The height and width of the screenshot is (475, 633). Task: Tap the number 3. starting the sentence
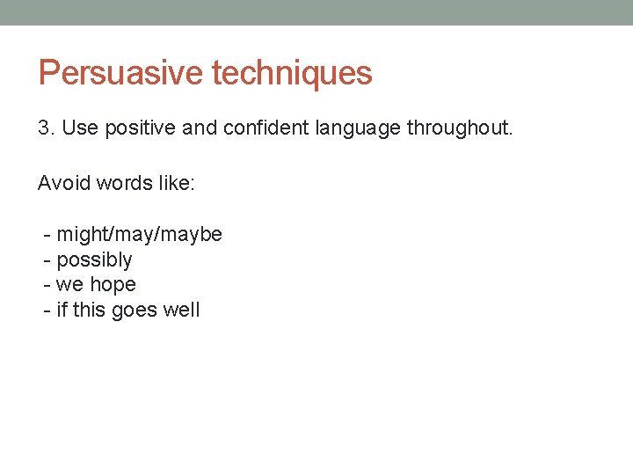coord(47,128)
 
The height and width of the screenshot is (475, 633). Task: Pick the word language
coord(359,129)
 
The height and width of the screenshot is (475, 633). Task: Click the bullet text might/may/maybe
coord(139,235)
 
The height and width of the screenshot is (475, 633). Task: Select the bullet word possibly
coord(94,260)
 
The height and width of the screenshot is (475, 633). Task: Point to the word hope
coord(113,285)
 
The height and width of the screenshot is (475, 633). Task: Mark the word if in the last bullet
coord(62,310)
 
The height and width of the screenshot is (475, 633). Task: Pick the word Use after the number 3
coord(81,128)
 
